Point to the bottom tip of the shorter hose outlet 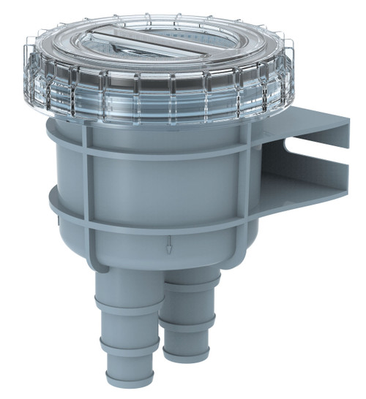pyautogui.click(x=187, y=357)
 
